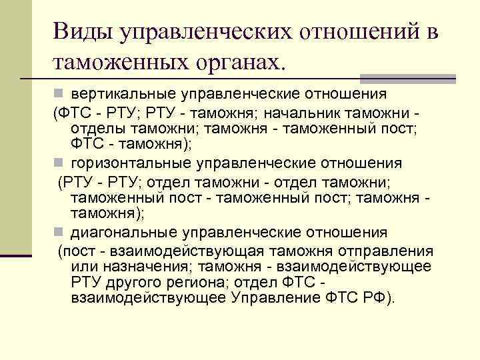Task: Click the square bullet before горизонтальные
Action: tap(59, 163)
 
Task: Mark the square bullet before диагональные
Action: tap(59, 233)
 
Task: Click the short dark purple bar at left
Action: tap(15, 255)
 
